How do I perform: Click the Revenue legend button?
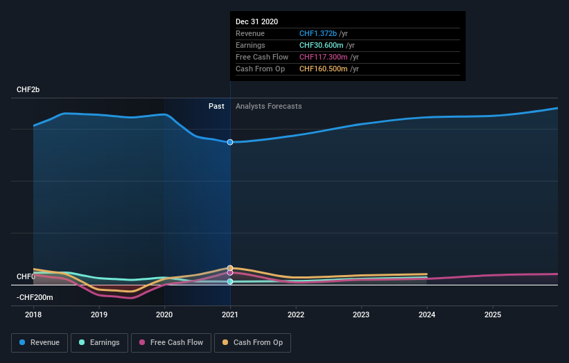pyautogui.click(x=40, y=342)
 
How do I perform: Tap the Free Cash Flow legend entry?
pyautogui.click(x=171, y=342)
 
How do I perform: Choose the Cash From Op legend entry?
pyautogui.click(x=253, y=342)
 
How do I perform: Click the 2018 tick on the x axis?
pyautogui.click(x=33, y=314)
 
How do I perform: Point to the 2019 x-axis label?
pyautogui.click(x=99, y=314)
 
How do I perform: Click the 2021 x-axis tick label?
pyautogui.click(x=230, y=314)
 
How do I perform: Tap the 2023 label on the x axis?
pyautogui.click(x=362, y=314)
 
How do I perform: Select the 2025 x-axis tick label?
pyautogui.click(x=493, y=314)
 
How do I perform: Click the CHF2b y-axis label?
pyautogui.click(x=28, y=90)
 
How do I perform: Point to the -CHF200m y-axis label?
pyautogui.click(x=35, y=297)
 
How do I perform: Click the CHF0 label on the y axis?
pyautogui.click(x=26, y=276)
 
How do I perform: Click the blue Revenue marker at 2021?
pyautogui.click(x=230, y=142)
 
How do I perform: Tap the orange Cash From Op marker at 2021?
pyautogui.click(x=230, y=267)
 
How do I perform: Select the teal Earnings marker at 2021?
pyautogui.click(x=230, y=281)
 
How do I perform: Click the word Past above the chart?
pyautogui.click(x=216, y=106)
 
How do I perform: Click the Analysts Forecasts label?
pyautogui.click(x=268, y=106)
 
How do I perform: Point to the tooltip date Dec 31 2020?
pyautogui.click(x=256, y=21)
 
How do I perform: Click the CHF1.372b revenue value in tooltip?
pyautogui.click(x=318, y=33)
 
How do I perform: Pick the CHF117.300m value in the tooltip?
pyautogui.click(x=324, y=57)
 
